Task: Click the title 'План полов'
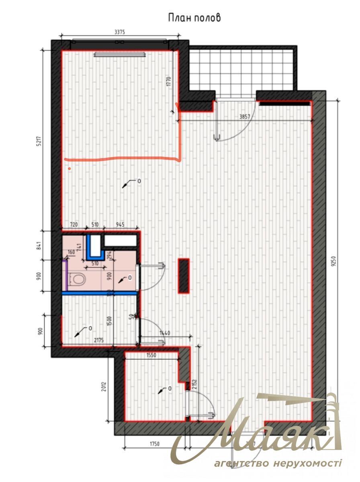pyautogui.click(x=194, y=18)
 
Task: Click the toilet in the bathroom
pyautogui.click(x=76, y=279)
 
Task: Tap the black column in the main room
pyautogui.click(x=184, y=276)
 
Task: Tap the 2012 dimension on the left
pyautogui.click(x=104, y=387)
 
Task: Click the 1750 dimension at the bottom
pyautogui.click(x=155, y=444)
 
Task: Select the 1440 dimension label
pyautogui.click(x=165, y=333)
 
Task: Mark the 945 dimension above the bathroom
pyautogui.click(x=120, y=225)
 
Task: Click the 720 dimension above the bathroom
pyautogui.click(x=74, y=225)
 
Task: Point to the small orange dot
pyautogui.click(x=70, y=169)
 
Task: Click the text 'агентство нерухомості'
pyautogui.click(x=278, y=464)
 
